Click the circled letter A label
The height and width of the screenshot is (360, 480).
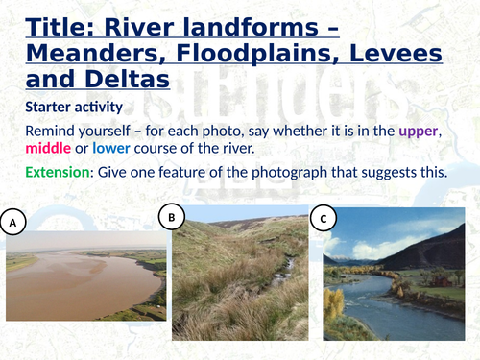pyautogui.click(x=13, y=224)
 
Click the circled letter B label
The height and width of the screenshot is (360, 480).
pyautogui.click(x=171, y=218)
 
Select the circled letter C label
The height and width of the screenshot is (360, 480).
pyautogui.click(x=324, y=220)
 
